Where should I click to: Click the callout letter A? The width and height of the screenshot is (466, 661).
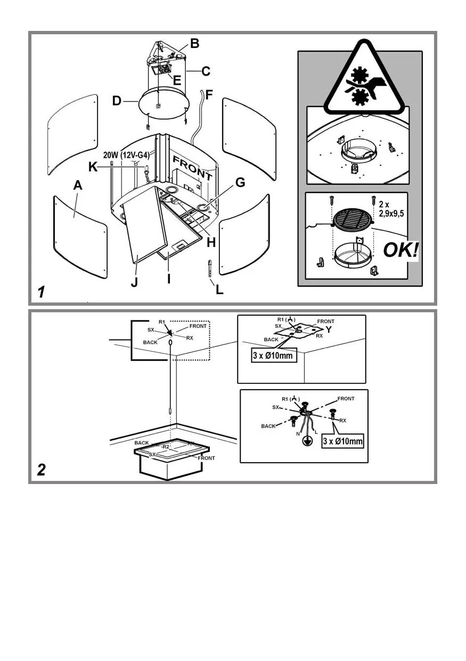coord(78,186)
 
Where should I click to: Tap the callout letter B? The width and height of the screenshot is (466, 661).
coord(194,44)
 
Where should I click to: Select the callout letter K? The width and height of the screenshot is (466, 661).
coord(93,167)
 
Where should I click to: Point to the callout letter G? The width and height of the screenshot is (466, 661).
coord(240,183)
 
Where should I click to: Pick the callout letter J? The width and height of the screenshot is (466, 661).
coord(134,281)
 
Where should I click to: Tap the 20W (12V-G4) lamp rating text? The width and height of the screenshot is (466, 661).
coord(126,155)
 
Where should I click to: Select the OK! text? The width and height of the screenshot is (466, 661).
coord(400,249)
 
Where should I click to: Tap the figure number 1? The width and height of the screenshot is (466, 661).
coord(41,292)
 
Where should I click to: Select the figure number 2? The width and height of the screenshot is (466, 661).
coord(42,470)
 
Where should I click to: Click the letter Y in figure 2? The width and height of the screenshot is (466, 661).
coord(329,329)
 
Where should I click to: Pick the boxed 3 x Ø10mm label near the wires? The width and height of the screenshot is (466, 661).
coord(343,441)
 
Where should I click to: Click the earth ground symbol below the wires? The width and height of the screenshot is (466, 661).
coord(307,441)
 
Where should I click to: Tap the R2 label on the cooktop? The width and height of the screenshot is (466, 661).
coord(165,446)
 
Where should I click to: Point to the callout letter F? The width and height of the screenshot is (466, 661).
coord(209,95)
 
